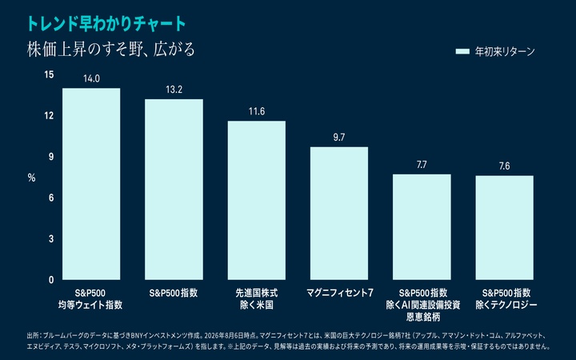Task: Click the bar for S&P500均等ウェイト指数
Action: tap(91, 184)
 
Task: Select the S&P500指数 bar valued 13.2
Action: tap(174, 190)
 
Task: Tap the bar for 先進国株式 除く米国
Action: tap(257, 200)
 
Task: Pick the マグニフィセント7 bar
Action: tap(339, 214)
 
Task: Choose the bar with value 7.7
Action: tap(422, 227)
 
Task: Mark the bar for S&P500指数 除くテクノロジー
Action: tap(504, 228)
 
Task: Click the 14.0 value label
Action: tap(91, 78)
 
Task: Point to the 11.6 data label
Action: tap(257, 111)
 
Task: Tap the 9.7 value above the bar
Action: tap(339, 138)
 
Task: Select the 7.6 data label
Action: tap(504, 166)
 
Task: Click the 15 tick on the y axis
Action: tap(49, 74)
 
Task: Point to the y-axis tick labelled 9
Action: tap(51, 157)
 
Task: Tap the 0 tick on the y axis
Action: tap(51, 280)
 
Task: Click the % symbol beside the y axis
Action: tap(31, 178)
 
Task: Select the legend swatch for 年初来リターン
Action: tap(462, 51)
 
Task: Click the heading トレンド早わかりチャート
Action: tap(106, 24)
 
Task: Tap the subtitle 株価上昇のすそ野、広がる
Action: tap(111, 50)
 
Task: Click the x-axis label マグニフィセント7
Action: tap(340, 293)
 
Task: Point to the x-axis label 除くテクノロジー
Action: tap(506, 305)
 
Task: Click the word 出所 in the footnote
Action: tap(32, 336)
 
